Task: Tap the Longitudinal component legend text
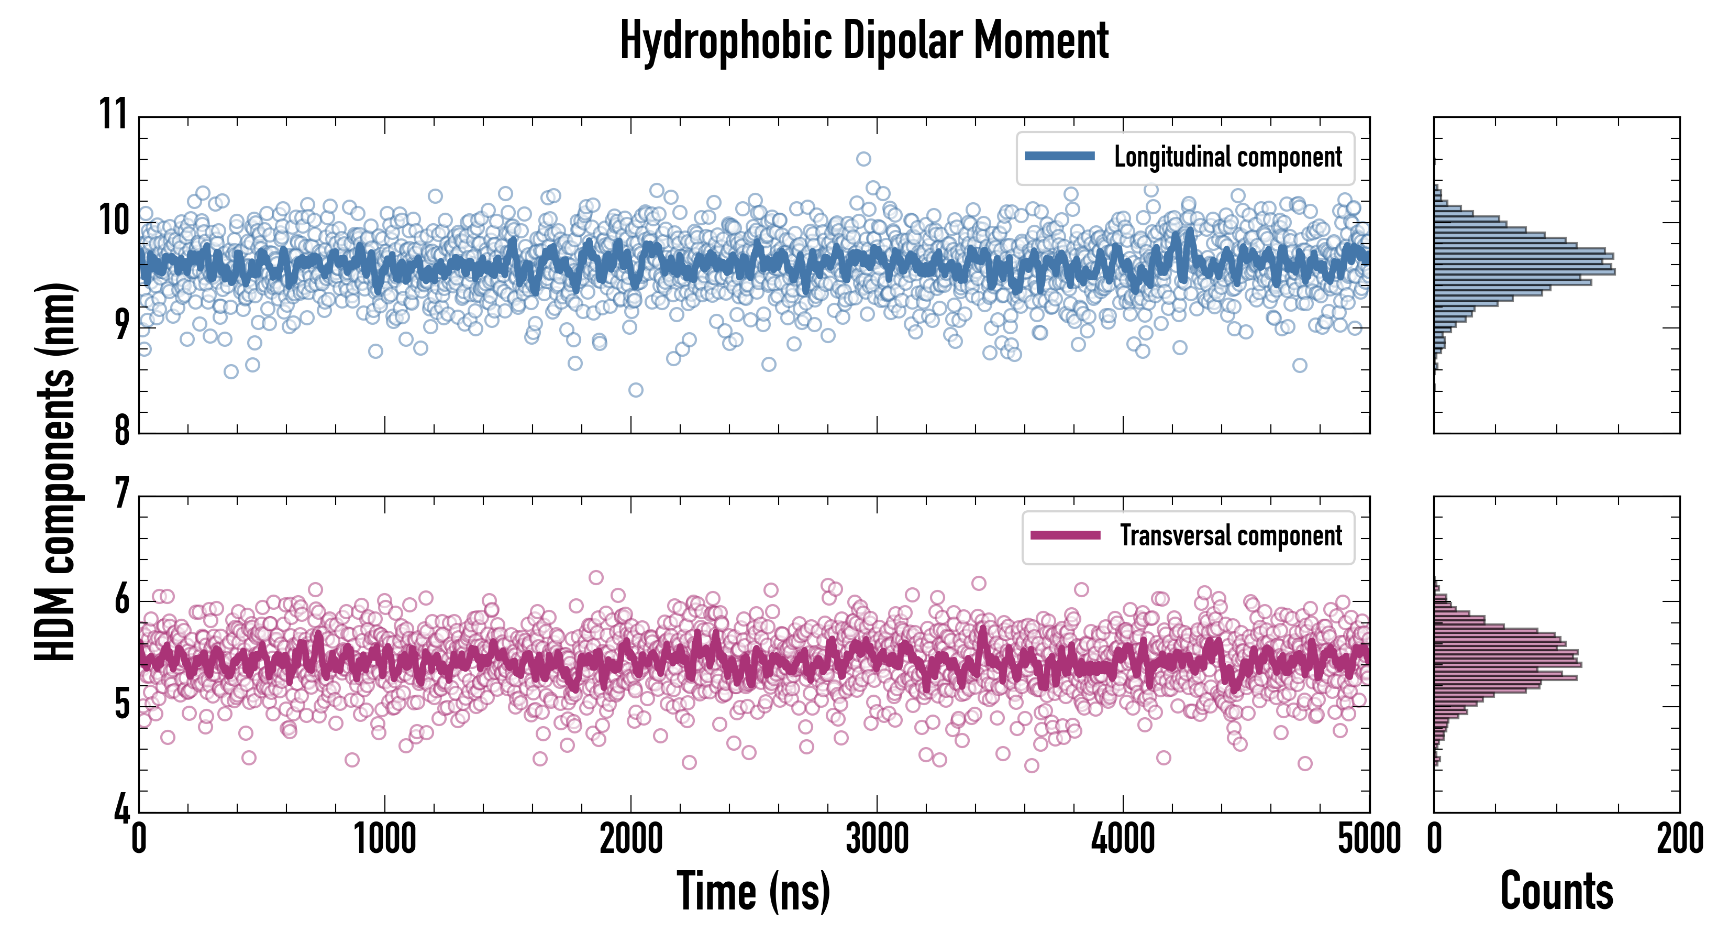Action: pyautogui.click(x=1227, y=157)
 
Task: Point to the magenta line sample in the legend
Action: pyautogui.click(x=1065, y=535)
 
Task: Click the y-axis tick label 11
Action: pyautogui.click(x=113, y=114)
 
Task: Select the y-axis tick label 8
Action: pyautogui.click(x=121, y=430)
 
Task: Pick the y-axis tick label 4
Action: pyautogui.click(x=121, y=809)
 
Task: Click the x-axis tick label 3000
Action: pyautogui.click(x=877, y=839)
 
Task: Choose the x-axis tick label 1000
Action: pyautogui.click(x=385, y=839)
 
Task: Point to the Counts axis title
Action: pyautogui.click(x=1556, y=891)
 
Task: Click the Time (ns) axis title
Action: pyautogui.click(x=754, y=891)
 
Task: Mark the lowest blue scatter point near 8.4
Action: pyautogui.click(x=635, y=390)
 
